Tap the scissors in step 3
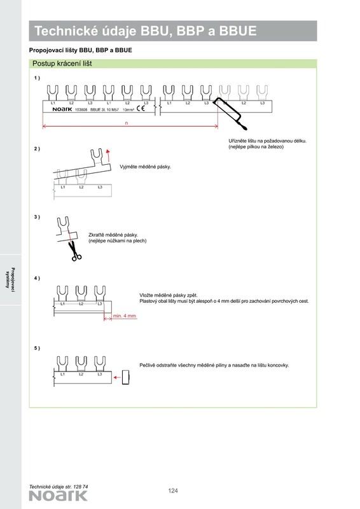click(x=74, y=251)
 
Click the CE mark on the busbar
click(x=141, y=108)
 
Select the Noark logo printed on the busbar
click(x=62, y=109)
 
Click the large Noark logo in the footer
click(x=58, y=496)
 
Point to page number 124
click(x=173, y=491)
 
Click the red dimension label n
click(x=127, y=123)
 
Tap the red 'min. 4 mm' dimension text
click(x=125, y=316)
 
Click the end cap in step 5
click(x=126, y=377)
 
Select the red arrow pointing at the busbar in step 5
click(x=117, y=377)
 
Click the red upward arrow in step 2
click(x=108, y=155)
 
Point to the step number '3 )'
click(x=37, y=217)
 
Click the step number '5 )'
click(x=37, y=348)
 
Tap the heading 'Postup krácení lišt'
click(x=62, y=64)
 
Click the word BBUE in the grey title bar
click(x=238, y=31)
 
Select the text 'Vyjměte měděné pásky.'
click(x=145, y=167)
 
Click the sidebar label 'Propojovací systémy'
click(x=10, y=278)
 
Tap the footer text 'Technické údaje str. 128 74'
click(x=59, y=487)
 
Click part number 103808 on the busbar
click(x=81, y=109)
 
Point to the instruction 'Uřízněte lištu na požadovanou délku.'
click(x=268, y=141)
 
